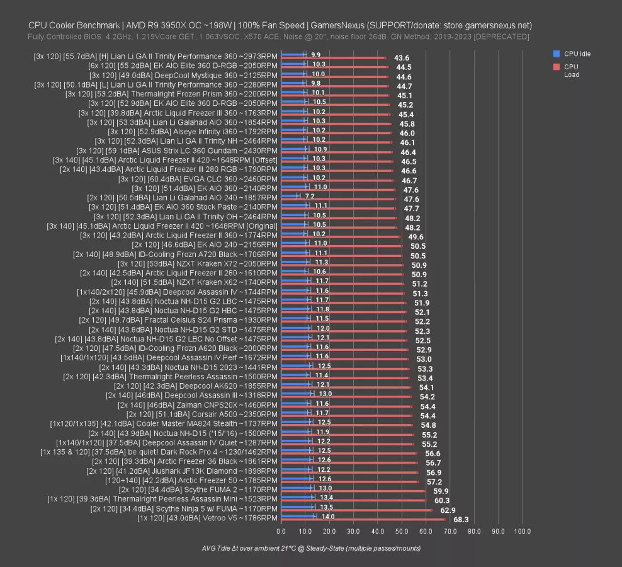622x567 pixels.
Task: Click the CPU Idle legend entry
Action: coord(577,54)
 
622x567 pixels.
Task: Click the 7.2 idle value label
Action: coord(309,197)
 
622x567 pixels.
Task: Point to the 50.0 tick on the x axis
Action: coord(402,532)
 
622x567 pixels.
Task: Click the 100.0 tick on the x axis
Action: coord(522,532)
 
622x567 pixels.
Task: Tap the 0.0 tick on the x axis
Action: coord(281,532)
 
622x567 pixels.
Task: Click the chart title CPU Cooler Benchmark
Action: coord(280,26)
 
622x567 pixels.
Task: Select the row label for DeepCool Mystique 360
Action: coord(183,75)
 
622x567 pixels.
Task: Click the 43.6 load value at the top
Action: coord(402,58)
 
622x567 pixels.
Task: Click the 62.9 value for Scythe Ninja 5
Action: coord(448,510)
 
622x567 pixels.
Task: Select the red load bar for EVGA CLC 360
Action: coord(337,180)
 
